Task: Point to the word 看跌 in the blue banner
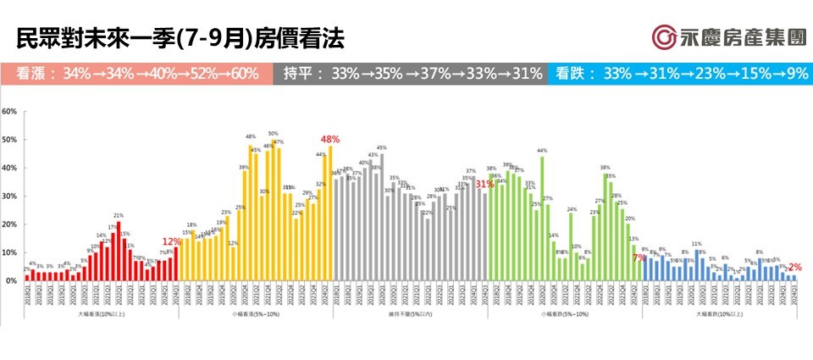pos(573,74)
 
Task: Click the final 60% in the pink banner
pos(241,74)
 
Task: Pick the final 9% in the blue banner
pos(797,74)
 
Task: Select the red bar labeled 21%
pos(119,251)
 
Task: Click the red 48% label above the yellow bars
pos(329,139)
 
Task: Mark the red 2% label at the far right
pos(795,268)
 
